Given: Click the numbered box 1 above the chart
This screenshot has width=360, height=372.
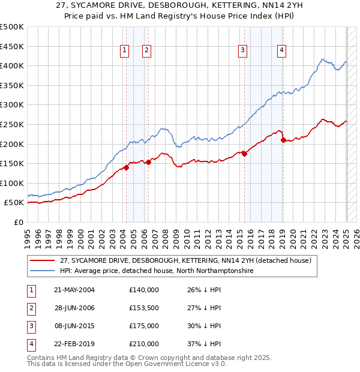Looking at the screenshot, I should pyautogui.click(x=125, y=51).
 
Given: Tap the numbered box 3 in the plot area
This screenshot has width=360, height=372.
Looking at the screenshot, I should pyautogui.click(x=242, y=51).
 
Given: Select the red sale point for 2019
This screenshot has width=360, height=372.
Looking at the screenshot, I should pyautogui.click(x=283, y=140).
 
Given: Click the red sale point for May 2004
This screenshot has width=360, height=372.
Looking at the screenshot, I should pyautogui.click(x=126, y=167).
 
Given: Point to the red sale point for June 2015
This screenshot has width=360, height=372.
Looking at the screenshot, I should pyautogui.click(x=245, y=154).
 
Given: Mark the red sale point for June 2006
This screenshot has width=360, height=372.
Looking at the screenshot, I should pyautogui.click(x=148, y=162).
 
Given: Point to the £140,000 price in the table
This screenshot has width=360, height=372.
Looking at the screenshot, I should pyautogui.click(x=144, y=290).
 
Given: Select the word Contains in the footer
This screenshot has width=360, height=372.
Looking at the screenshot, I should pyautogui.click(x=41, y=358).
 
